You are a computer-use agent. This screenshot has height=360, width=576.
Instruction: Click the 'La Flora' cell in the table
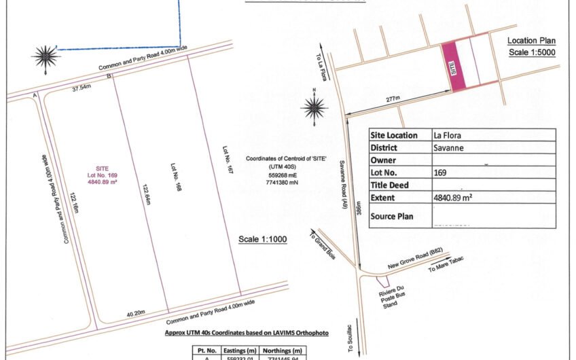click(x=447, y=135)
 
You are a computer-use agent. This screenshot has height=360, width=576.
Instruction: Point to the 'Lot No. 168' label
click(x=173, y=175)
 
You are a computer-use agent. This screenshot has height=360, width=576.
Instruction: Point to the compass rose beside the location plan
click(x=314, y=105)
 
